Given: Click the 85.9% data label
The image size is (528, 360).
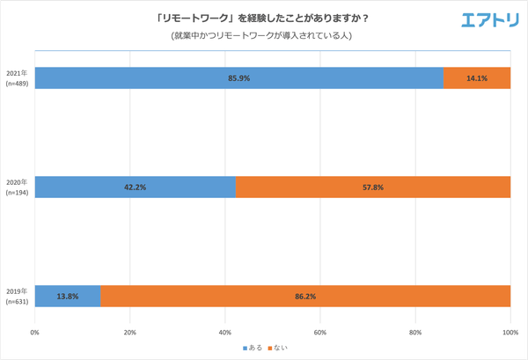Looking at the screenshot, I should click(x=239, y=77).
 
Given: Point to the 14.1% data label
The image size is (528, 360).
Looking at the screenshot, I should click(x=477, y=77).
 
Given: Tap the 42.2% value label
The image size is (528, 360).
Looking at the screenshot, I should click(x=136, y=187).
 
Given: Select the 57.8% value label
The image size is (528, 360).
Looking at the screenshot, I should click(x=373, y=187).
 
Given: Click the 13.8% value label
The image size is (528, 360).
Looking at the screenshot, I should click(x=68, y=297).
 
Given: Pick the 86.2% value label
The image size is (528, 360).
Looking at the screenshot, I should click(x=305, y=297).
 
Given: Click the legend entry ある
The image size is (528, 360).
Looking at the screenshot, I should click(x=254, y=349).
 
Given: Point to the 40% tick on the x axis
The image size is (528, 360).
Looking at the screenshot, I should click(x=225, y=333).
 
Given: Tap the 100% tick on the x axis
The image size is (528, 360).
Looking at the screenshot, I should click(x=510, y=333).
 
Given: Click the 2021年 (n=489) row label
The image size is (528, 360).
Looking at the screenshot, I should click(x=17, y=77).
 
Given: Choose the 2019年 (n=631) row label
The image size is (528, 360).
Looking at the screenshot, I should click(x=17, y=296).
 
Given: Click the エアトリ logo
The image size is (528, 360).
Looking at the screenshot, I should click(x=490, y=19).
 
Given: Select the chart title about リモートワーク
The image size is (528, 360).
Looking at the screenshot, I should click(x=264, y=18).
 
